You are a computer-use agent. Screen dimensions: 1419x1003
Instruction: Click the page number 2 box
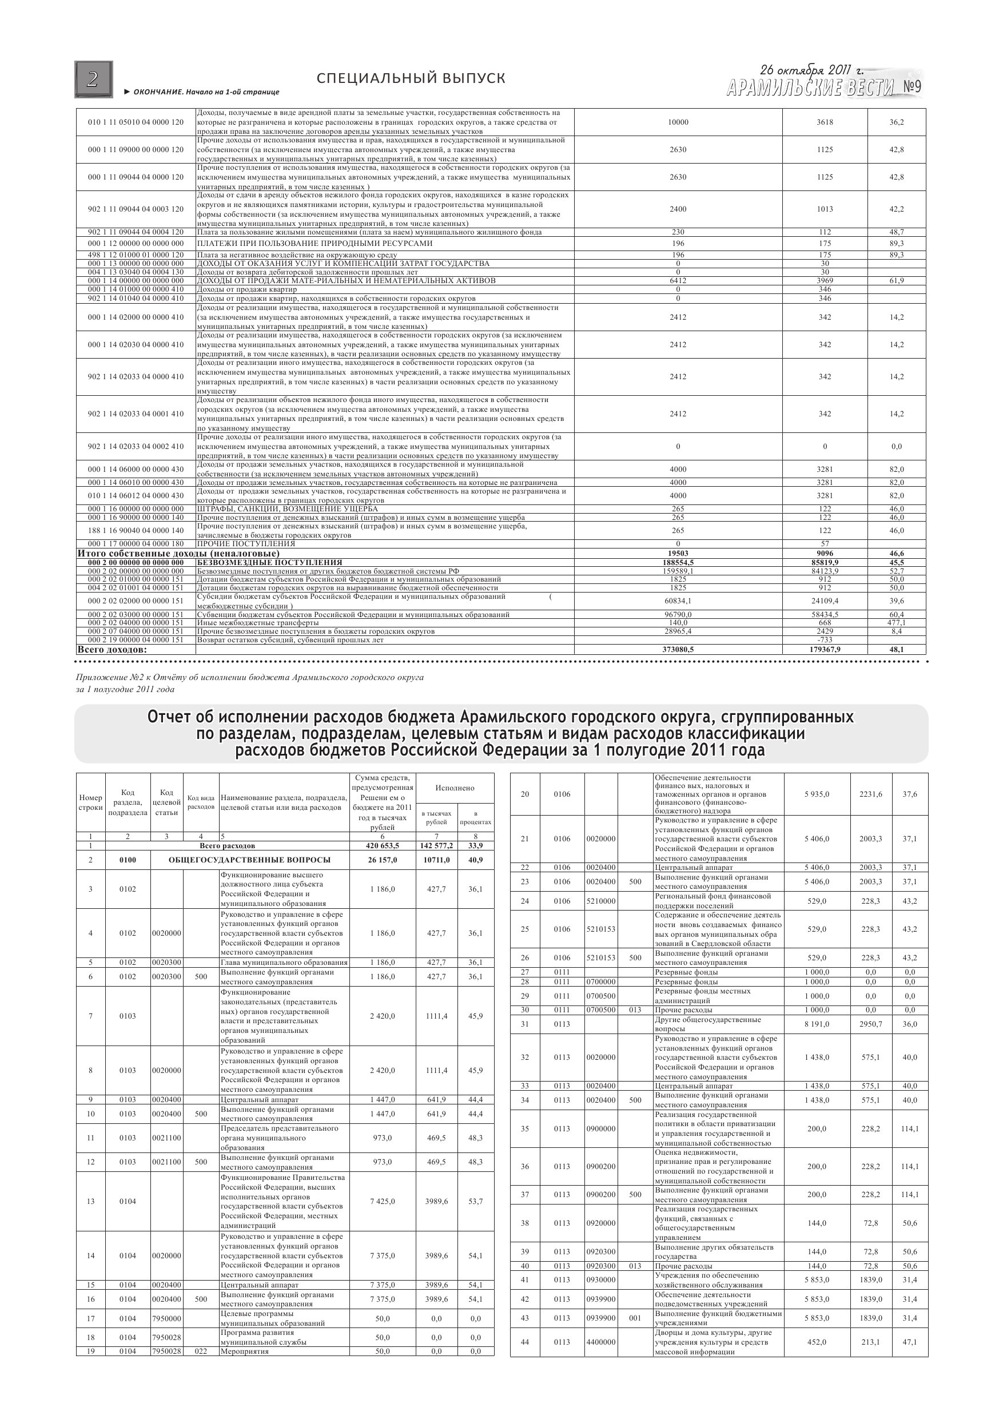coord(93,79)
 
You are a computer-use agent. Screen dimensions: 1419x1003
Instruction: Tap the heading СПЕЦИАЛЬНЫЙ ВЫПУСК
coord(411,78)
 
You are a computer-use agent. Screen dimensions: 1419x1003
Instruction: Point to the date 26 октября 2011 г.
coord(811,69)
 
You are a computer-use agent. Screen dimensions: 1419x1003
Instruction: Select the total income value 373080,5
coord(678,650)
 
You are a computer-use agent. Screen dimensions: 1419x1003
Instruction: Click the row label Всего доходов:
coord(112,650)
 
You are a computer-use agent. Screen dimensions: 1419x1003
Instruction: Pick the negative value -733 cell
coord(825,640)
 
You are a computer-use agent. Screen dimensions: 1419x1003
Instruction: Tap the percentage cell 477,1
coord(896,623)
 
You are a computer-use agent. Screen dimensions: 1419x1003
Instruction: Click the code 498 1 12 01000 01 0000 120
coord(136,255)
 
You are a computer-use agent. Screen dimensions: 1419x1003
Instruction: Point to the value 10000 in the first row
coord(678,122)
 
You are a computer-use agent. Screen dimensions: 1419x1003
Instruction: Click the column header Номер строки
coord(91,802)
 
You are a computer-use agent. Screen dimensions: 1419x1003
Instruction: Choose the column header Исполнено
coord(455,788)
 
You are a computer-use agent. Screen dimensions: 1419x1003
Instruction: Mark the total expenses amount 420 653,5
coord(383,845)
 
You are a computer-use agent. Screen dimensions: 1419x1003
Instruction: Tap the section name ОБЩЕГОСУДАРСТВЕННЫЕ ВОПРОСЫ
coord(250,860)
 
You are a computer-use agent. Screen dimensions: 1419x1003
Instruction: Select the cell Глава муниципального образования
coord(284,962)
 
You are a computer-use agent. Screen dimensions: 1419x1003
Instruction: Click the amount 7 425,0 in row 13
coord(383,1202)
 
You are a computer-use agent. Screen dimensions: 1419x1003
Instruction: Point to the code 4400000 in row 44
coord(600,1342)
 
